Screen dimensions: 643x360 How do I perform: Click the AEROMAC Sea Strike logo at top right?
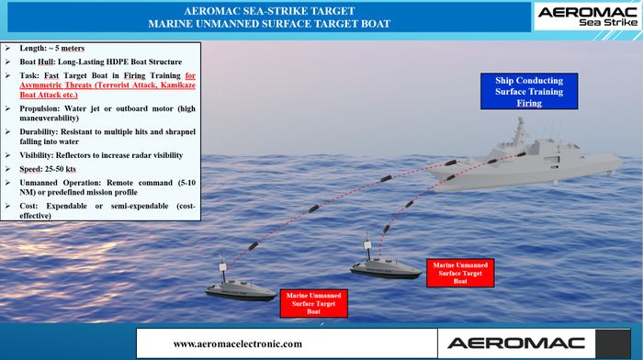click(x=588, y=17)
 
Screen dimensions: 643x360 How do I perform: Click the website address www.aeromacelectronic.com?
click(x=237, y=343)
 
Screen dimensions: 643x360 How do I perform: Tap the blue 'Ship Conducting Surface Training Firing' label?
click(x=529, y=92)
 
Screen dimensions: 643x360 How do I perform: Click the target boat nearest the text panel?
click(x=241, y=284)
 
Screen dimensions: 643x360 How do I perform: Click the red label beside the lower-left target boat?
click(x=314, y=303)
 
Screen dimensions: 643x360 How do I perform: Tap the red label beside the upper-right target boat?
click(x=460, y=273)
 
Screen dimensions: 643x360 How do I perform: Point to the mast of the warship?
click(x=520, y=130)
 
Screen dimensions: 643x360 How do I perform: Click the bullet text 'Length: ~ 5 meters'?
click(x=52, y=49)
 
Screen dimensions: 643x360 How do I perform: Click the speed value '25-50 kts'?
click(x=61, y=169)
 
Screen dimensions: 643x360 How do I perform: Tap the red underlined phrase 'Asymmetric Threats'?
click(x=55, y=85)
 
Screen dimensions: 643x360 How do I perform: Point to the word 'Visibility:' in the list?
click(x=37, y=155)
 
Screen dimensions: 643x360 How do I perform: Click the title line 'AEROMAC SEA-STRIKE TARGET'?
click(x=269, y=11)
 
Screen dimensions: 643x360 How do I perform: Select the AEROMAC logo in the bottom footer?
click(x=516, y=343)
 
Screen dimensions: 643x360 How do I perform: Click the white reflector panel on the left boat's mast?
click(x=222, y=267)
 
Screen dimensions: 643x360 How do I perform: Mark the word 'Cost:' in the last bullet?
click(x=28, y=206)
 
